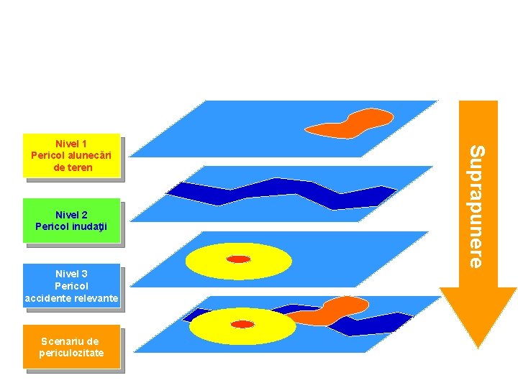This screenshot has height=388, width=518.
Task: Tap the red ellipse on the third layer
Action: tap(238, 259)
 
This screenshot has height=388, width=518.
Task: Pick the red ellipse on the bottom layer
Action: tap(243, 324)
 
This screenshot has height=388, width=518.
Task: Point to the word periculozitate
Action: tap(72, 353)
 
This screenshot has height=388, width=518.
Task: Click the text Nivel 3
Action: tap(71, 274)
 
